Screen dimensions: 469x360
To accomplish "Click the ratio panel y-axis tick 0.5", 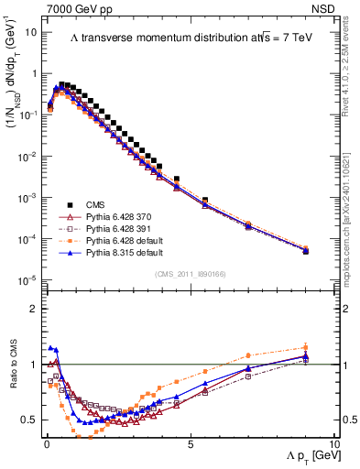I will click(x=29, y=420).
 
